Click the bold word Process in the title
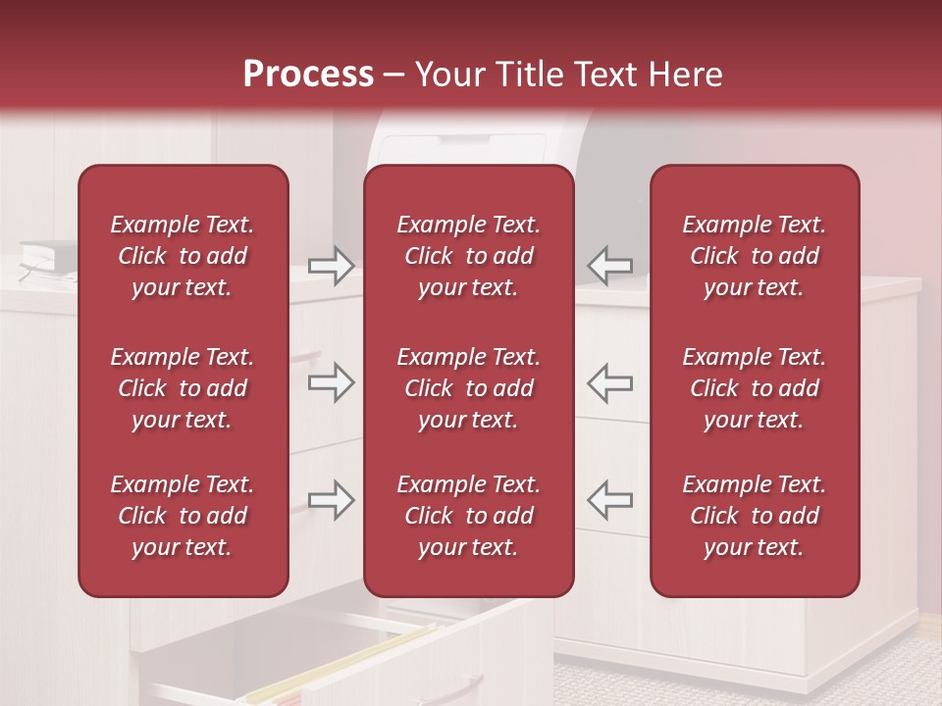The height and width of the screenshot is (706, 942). pyautogui.click(x=308, y=75)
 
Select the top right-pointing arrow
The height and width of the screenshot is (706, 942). pyautogui.click(x=332, y=266)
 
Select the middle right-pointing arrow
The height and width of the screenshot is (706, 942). pyautogui.click(x=332, y=382)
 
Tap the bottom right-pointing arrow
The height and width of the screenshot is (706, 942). pyautogui.click(x=332, y=500)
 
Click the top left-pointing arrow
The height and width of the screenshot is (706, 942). pyautogui.click(x=609, y=266)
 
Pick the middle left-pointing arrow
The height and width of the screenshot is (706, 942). pyautogui.click(x=609, y=382)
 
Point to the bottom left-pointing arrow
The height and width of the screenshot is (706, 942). pyautogui.click(x=609, y=500)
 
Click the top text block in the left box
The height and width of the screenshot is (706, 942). pyautogui.click(x=183, y=256)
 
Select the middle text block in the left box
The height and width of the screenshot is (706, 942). pyautogui.click(x=183, y=388)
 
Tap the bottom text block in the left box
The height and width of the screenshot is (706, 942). pyautogui.click(x=183, y=516)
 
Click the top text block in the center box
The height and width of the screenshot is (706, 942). pyautogui.click(x=468, y=256)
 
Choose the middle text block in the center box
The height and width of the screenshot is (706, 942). pyautogui.click(x=468, y=388)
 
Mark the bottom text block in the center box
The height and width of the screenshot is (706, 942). pyautogui.click(x=468, y=516)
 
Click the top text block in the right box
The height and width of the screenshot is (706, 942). pyautogui.click(x=754, y=256)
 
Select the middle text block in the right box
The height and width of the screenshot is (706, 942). pyautogui.click(x=754, y=388)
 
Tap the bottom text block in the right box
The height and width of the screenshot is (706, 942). pyautogui.click(x=754, y=516)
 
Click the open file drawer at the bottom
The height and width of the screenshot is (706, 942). pyautogui.click(x=343, y=657)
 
